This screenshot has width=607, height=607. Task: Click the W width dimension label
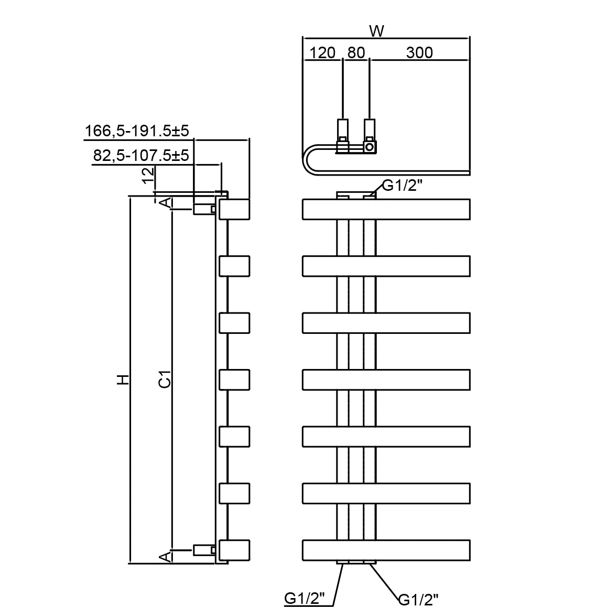(376, 31)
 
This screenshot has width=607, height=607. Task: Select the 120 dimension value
(322, 53)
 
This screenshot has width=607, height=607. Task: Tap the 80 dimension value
(356, 53)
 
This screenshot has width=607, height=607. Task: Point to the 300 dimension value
(419, 53)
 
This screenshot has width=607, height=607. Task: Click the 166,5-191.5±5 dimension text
(137, 131)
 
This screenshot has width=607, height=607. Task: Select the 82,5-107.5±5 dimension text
(140, 156)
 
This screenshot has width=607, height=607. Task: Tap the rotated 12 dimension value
(149, 175)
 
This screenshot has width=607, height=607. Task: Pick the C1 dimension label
(165, 380)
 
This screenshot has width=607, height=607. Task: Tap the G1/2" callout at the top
(402, 186)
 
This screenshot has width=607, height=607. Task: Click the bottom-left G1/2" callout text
(305, 598)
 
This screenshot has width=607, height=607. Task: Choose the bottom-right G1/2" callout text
(418, 599)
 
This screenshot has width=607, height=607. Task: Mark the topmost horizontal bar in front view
(386, 209)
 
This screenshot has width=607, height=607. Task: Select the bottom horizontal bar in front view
(386, 550)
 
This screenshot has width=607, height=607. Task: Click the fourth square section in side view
(234, 380)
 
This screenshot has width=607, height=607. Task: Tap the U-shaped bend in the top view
(310, 159)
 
